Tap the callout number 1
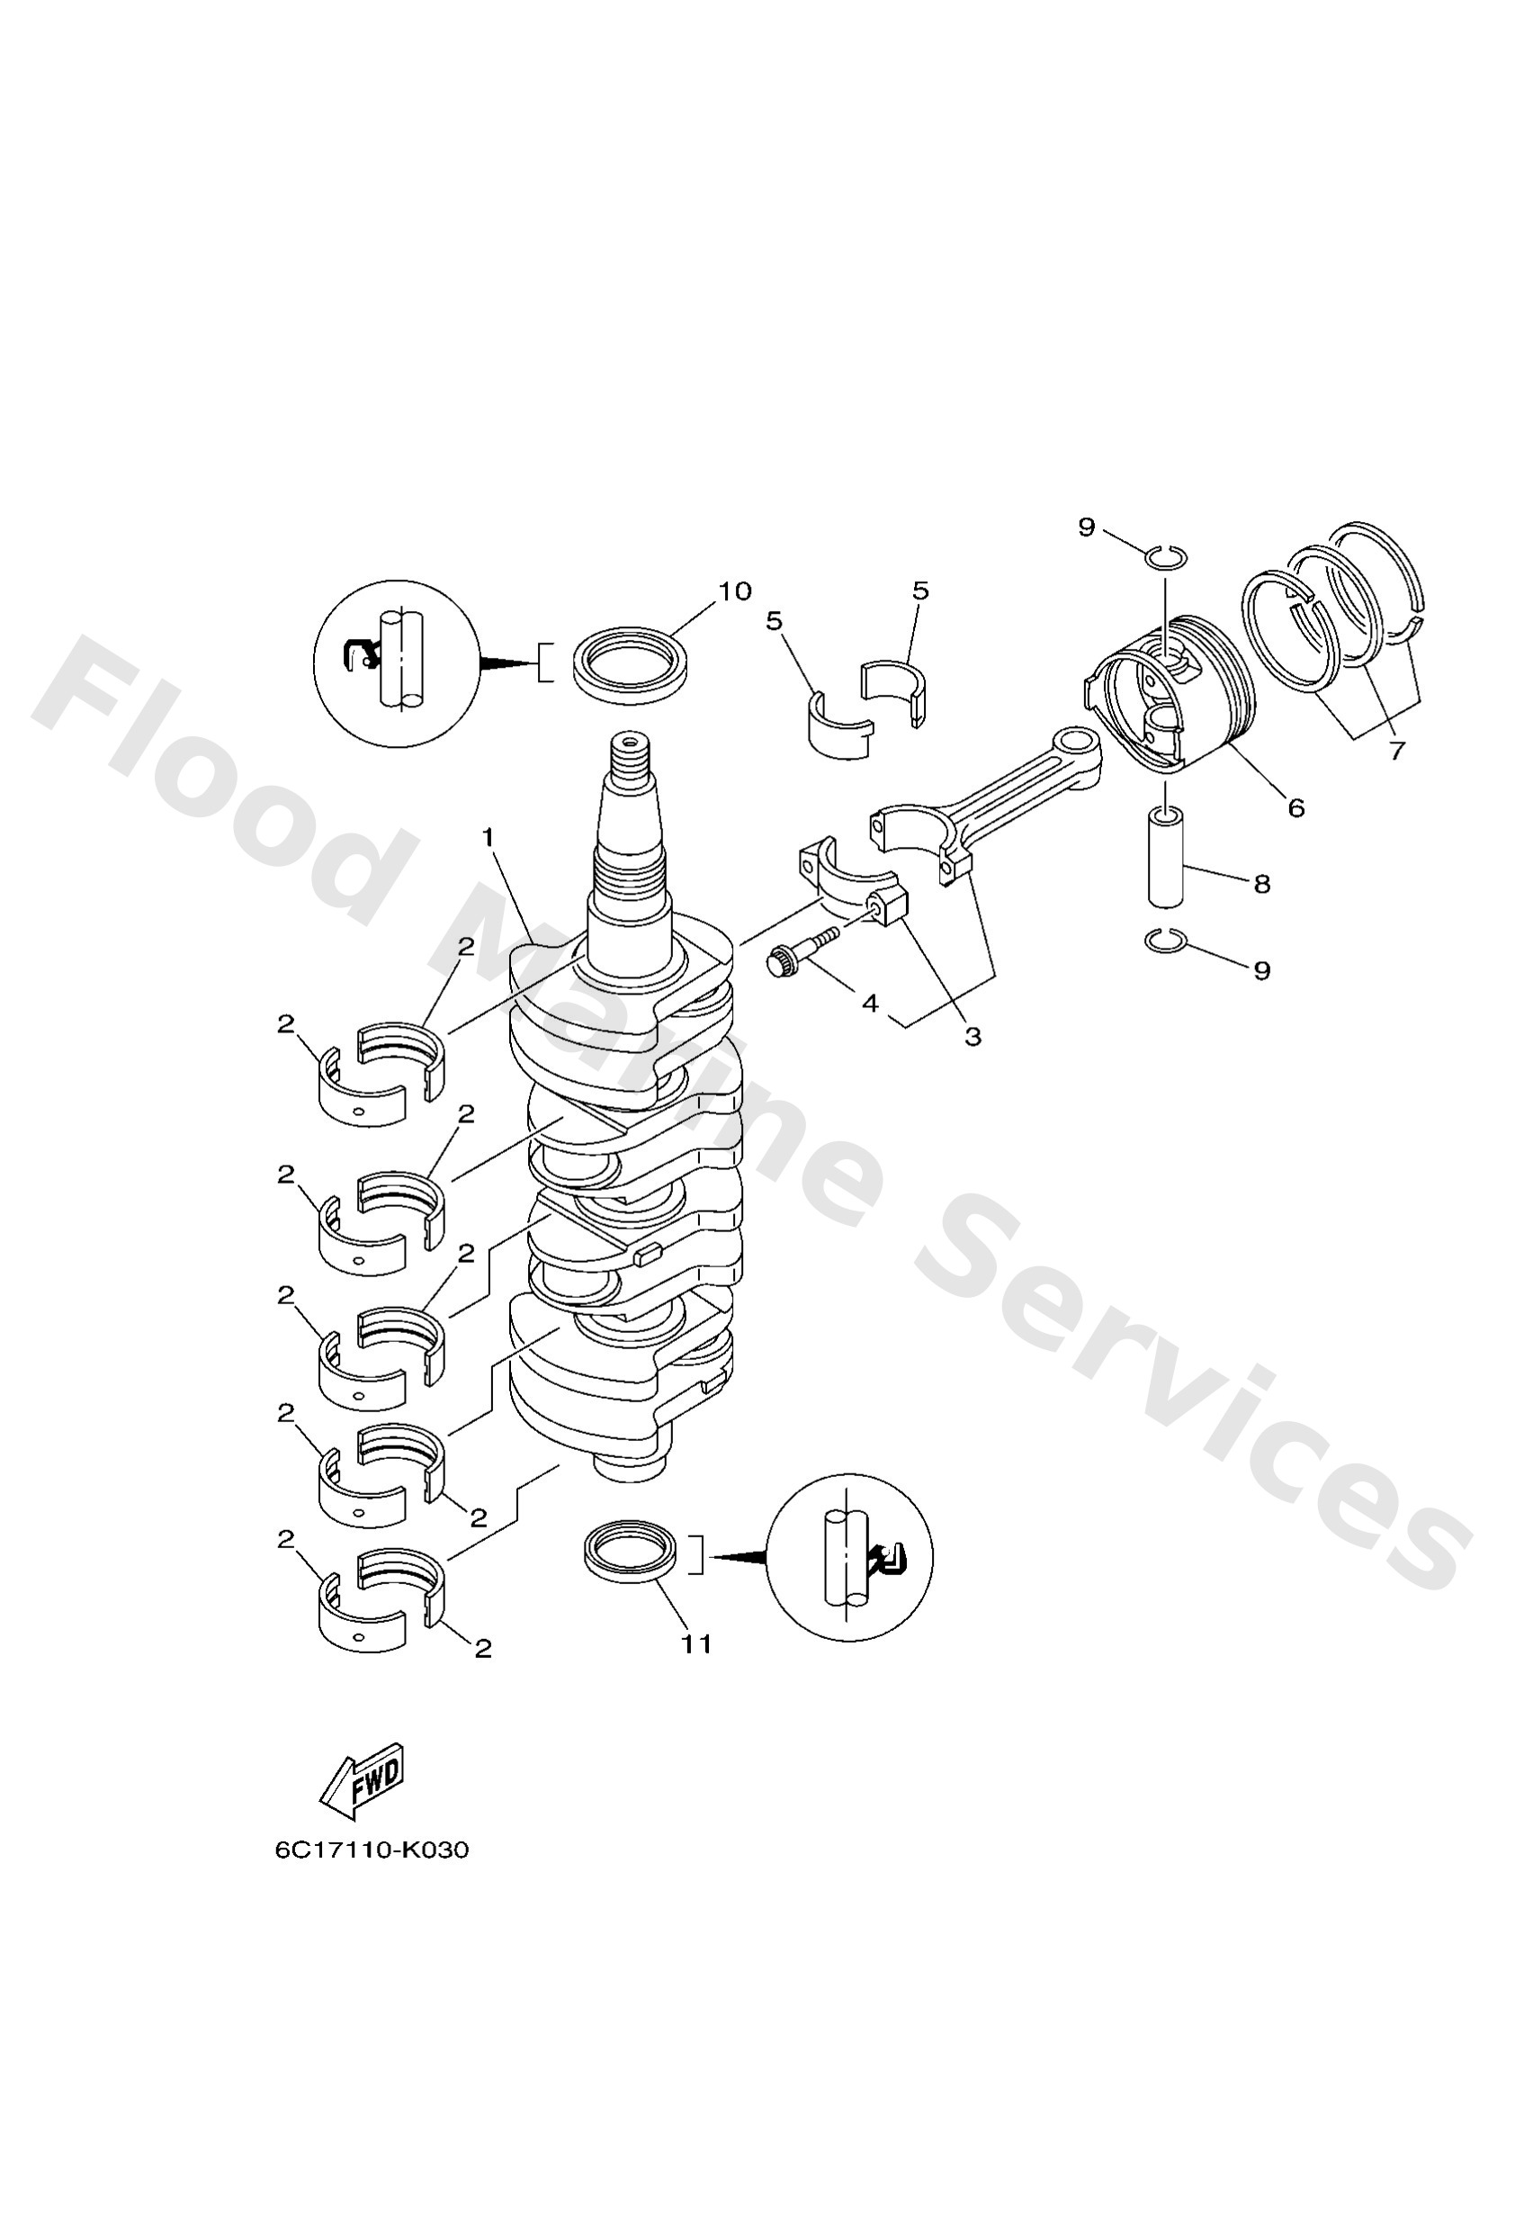[488, 838]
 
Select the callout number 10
[735, 591]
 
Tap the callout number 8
[1262, 883]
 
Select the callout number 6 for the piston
[1296, 808]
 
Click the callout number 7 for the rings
[1397, 751]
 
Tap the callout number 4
[870, 1004]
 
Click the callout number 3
[973, 1037]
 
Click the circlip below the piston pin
[1166, 942]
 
